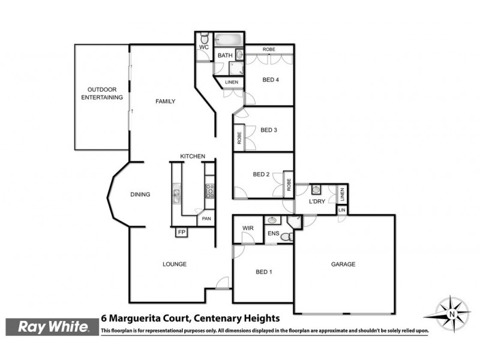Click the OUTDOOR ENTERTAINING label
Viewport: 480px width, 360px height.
101,92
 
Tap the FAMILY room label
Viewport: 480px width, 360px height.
165,101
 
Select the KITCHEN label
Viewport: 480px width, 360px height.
193,157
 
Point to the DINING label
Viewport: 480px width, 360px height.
140,194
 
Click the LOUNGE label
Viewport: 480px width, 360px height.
175,264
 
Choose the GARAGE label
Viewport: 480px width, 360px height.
343,264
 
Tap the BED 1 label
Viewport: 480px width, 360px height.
264,272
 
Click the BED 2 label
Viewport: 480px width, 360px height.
261,175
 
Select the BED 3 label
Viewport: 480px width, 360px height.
268,130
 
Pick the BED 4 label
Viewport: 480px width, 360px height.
271,80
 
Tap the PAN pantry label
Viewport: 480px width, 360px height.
206,219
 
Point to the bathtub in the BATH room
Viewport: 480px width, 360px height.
227,41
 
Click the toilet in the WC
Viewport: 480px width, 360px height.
204,37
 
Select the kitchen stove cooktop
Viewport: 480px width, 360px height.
210,191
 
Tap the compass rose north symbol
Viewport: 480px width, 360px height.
450,314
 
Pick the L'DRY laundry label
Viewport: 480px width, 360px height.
317,202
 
